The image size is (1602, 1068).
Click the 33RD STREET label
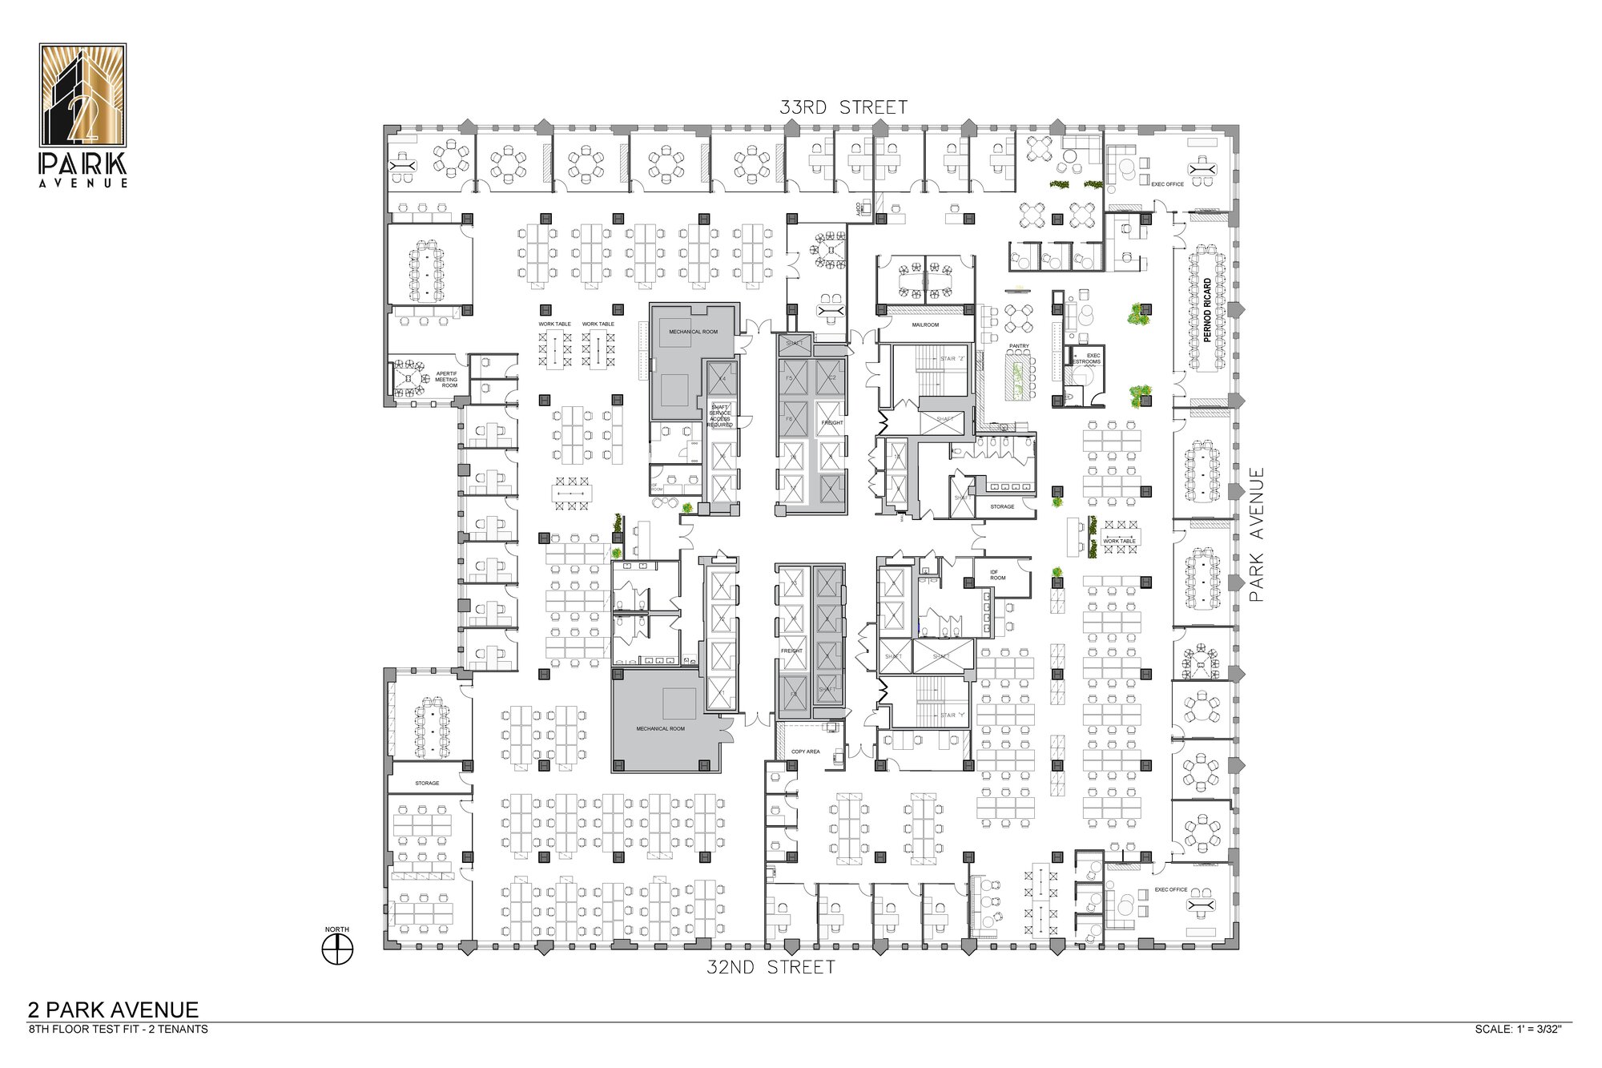point(843,107)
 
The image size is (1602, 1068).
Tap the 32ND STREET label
point(771,968)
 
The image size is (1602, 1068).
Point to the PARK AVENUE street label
point(1256,535)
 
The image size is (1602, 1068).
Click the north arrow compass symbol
point(337,949)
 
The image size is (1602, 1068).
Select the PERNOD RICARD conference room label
point(1207,310)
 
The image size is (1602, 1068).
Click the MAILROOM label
point(925,325)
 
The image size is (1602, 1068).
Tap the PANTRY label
point(1019,346)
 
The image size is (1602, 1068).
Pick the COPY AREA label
point(805,752)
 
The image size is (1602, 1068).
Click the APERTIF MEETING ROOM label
point(446,380)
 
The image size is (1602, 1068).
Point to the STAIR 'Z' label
point(952,359)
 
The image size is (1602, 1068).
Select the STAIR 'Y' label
point(952,715)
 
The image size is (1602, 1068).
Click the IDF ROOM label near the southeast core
point(997,575)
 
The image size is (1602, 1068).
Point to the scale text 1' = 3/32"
point(1518,1030)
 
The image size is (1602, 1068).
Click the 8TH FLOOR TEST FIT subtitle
point(118,1030)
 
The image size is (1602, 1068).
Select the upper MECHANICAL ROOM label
point(693,332)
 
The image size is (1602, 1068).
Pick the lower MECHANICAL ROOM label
point(660,729)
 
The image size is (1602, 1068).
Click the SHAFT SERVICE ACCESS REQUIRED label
point(719,416)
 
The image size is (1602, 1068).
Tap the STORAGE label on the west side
point(427,783)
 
